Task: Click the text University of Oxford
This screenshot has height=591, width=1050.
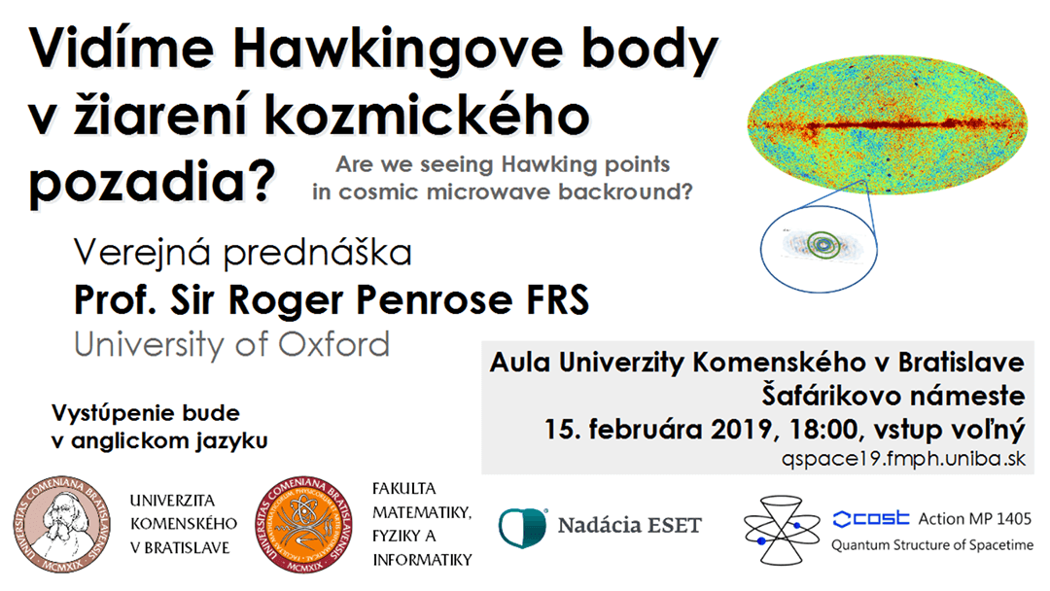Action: pyautogui.click(x=231, y=344)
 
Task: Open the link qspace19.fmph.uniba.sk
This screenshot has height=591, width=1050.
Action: pyautogui.click(x=904, y=459)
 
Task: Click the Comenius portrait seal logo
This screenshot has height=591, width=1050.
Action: pyautogui.click(x=61, y=526)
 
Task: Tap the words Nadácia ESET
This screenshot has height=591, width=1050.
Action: pyautogui.click(x=629, y=526)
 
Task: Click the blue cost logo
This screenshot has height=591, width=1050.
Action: pyautogui.click(x=871, y=519)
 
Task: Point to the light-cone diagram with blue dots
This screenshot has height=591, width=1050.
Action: pyautogui.click(x=782, y=530)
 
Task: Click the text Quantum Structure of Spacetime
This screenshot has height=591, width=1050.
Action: pyautogui.click(x=932, y=545)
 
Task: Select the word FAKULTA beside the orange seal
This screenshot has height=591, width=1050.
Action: pyautogui.click(x=403, y=489)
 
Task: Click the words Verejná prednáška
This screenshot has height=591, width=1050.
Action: pyautogui.click(x=242, y=253)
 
